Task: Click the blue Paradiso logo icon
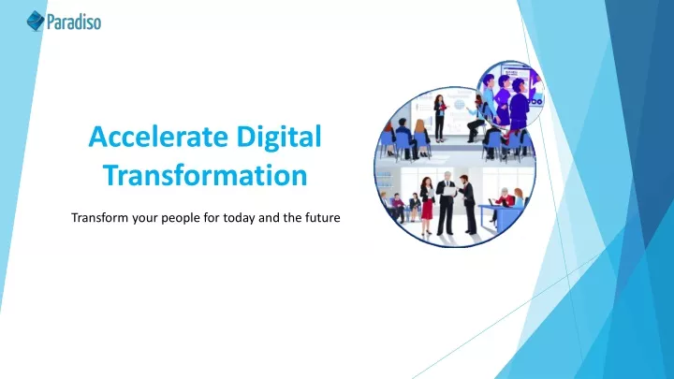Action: pos(36,21)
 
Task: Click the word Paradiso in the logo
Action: pos(74,22)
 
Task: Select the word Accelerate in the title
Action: pos(158,137)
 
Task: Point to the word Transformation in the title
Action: pos(205,175)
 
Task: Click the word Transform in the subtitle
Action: pos(100,218)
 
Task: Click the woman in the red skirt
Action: pos(427,205)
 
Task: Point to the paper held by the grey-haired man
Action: pos(448,191)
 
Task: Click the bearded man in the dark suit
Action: pos(468,204)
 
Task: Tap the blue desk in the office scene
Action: pos(500,216)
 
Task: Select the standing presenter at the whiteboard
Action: pos(439,118)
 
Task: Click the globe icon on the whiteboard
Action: pos(460,105)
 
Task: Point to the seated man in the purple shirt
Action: pos(398,207)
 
